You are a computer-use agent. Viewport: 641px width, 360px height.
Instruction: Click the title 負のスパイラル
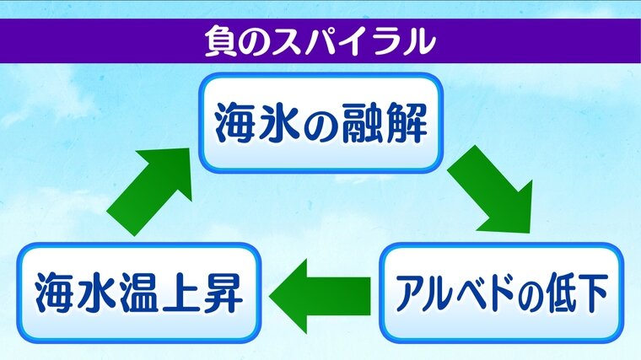point(320,40)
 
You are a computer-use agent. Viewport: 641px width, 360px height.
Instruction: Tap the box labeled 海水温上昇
point(137,293)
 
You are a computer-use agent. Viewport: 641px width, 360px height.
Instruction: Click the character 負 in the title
point(219,40)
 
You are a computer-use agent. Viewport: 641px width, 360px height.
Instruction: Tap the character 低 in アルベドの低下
point(562,293)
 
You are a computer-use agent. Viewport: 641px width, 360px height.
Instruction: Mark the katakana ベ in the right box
point(475,293)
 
